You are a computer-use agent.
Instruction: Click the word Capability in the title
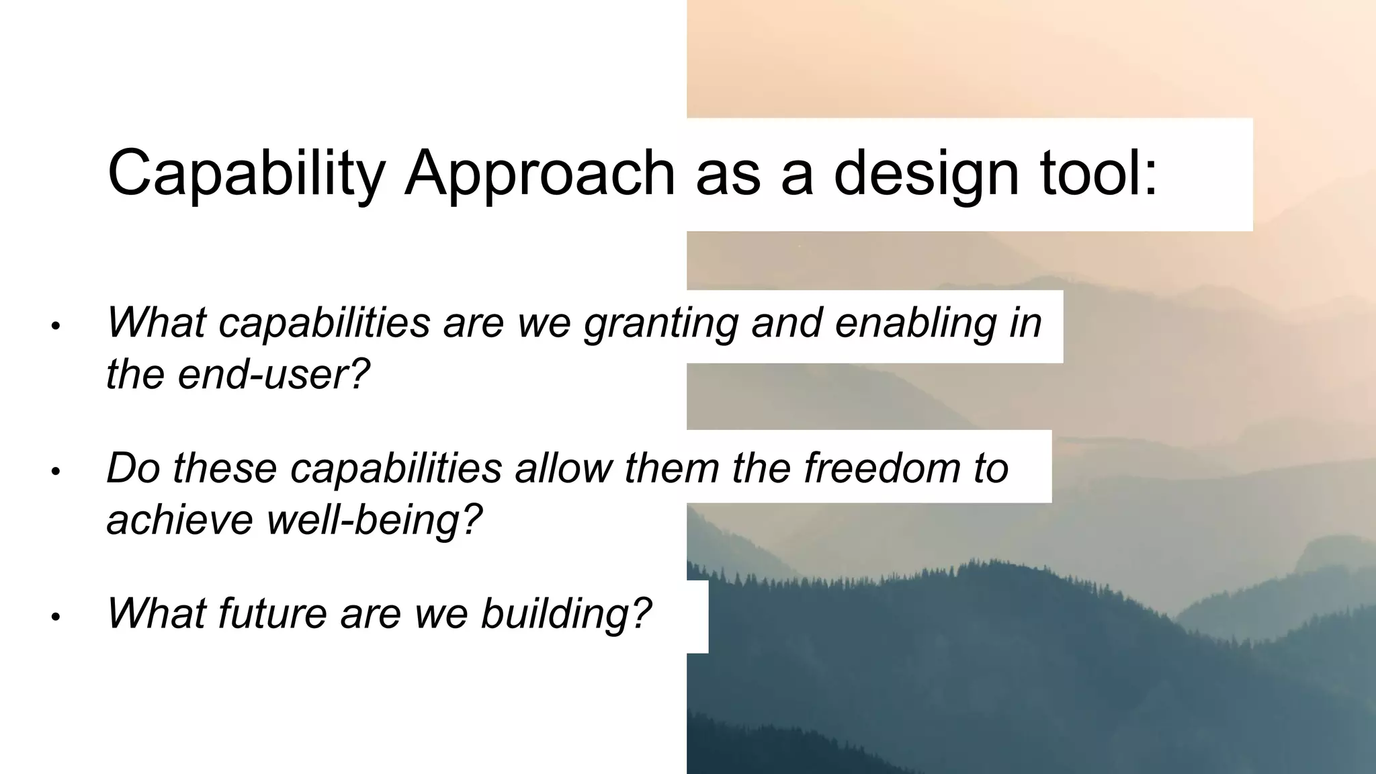coord(246,173)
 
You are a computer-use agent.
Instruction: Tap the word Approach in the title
coord(540,173)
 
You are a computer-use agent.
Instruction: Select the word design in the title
coord(926,173)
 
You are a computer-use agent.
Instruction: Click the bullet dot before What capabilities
coord(56,327)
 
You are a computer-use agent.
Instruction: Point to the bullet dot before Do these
coord(56,472)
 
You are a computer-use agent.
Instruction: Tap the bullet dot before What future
coord(56,617)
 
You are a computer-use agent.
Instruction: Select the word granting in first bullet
coord(660,323)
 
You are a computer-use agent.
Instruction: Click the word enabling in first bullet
coord(915,323)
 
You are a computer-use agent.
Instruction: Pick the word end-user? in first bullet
coord(274,374)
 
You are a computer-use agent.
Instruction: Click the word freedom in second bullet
coord(883,468)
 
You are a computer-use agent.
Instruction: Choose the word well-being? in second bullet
coord(375,519)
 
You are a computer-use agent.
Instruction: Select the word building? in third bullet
coord(566,613)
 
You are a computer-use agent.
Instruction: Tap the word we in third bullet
coord(441,613)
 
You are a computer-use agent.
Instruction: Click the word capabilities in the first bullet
coord(324,323)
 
